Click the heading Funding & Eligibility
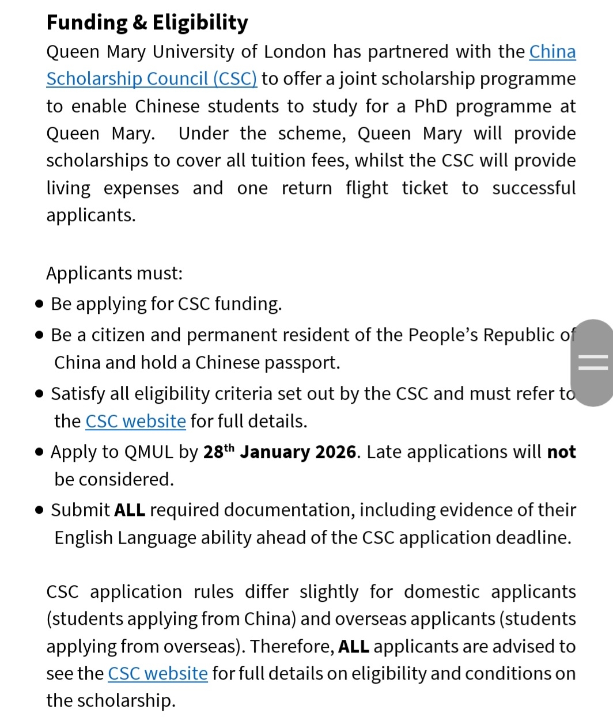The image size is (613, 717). (x=147, y=22)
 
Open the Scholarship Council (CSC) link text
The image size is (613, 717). (x=152, y=79)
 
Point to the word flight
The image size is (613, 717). (x=367, y=188)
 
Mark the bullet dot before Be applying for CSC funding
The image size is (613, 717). (x=39, y=304)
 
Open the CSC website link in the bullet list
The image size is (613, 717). (x=135, y=422)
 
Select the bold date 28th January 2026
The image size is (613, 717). (x=280, y=452)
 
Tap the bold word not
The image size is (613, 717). (x=561, y=452)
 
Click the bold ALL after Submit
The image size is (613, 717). (x=130, y=510)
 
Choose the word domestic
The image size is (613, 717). (x=441, y=592)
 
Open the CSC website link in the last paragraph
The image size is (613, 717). (x=157, y=674)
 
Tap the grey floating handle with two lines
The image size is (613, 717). (x=592, y=363)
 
